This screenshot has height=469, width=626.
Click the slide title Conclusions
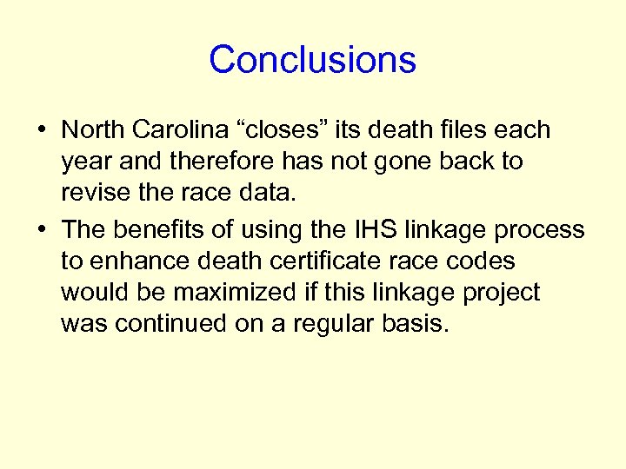[x=312, y=60]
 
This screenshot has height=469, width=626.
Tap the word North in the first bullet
[x=93, y=130]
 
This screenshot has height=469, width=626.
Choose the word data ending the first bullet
[x=266, y=193]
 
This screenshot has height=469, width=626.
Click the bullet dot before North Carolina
[x=41, y=131]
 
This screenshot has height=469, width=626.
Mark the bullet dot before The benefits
[x=41, y=230]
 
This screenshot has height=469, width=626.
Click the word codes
[x=477, y=261]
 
